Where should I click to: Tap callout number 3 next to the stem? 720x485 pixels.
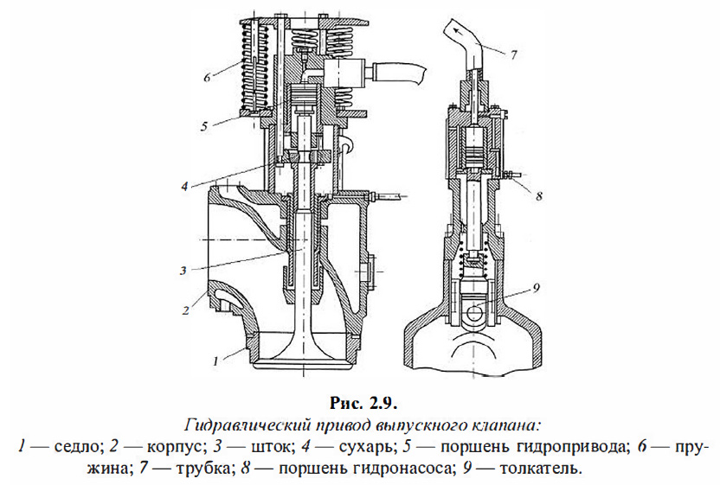coord(184,270)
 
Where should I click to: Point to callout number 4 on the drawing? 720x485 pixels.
coord(185,186)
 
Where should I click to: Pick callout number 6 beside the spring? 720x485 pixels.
coord(208,77)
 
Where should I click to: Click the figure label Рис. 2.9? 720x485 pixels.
coord(362,402)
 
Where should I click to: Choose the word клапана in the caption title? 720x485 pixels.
coord(511,425)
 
